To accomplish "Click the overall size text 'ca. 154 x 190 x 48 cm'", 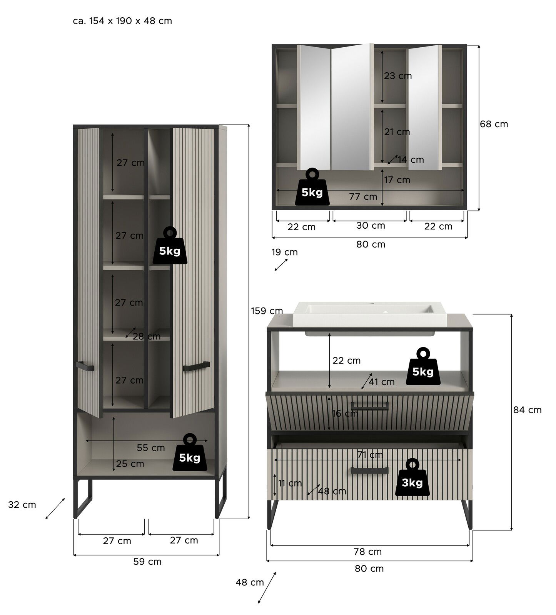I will [122, 21].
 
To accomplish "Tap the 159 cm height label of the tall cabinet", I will [267, 311].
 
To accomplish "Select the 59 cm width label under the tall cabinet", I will [147, 562].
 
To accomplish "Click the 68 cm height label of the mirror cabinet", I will [494, 124].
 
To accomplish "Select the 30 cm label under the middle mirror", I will [370, 226].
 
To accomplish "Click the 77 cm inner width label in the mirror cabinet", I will [363, 197].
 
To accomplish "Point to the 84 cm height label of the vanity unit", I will [527, 410].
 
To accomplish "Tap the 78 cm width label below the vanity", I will [367, 552].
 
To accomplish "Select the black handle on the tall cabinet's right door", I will [196, 367].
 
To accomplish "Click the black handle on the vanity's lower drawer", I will [369, 470].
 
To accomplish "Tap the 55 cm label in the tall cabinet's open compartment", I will [150, 448].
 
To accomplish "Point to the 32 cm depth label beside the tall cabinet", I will [22, 505].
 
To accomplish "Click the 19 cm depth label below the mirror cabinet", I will [284, 252].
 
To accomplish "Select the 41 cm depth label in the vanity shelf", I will [381, 382].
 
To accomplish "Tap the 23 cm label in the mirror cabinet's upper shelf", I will [397, 76].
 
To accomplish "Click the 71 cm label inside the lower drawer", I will [369, 455].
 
